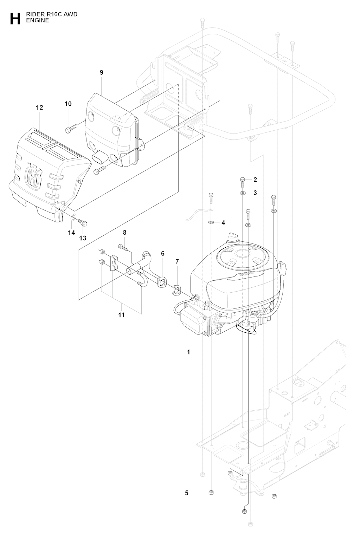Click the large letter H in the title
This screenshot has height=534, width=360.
(x=15, y=19)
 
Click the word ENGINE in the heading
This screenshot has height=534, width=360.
(x=38, y=20)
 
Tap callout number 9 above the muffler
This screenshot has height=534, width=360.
(x=102, y=72)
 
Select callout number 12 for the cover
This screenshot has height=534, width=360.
(x=40, y=108)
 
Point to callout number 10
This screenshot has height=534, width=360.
(x=68, y=104)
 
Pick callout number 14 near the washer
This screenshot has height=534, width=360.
(x=71, y=233)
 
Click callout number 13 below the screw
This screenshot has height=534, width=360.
(x=83, y=238)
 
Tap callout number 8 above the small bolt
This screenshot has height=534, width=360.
(x=124, y=233)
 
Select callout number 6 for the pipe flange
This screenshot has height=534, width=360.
(x=163, y=253)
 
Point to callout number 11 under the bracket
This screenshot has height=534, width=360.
(x=121, y=315)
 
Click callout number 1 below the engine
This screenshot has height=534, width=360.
(x=188, y=352)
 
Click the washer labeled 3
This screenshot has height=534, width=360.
(x=242, y=193)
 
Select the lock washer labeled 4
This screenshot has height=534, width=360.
(x=211, y=222)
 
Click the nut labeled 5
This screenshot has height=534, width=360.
(x=211, y=493)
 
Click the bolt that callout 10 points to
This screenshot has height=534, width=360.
(x=71, y=128)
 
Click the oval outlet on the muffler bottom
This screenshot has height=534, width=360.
(x=99, y=157)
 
